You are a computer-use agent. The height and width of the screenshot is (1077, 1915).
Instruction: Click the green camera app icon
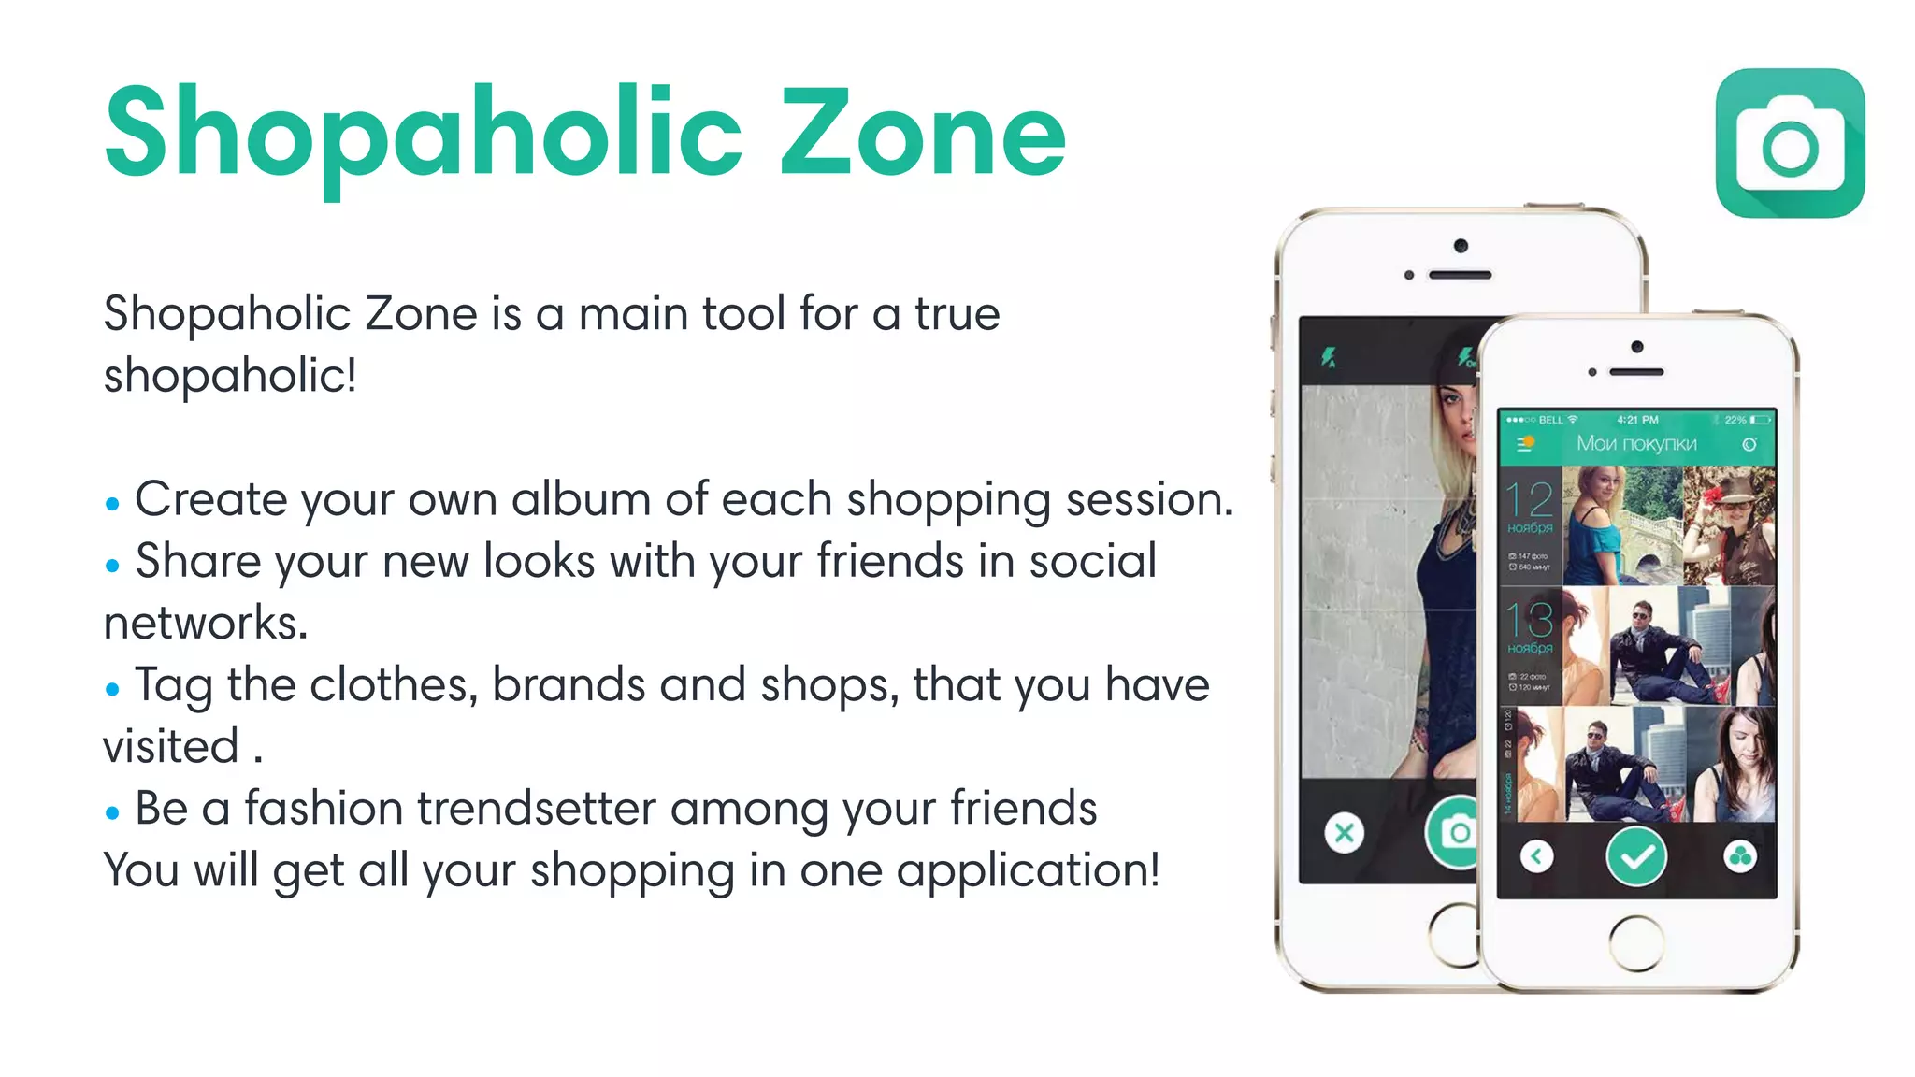point(1790,143)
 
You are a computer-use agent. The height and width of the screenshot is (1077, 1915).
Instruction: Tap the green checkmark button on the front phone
point(1635,855)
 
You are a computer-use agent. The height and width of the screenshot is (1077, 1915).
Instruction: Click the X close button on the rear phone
point(1344,832)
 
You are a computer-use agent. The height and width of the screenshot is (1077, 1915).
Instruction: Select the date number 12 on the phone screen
point(1529,500)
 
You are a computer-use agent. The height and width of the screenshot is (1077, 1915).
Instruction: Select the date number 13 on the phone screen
point(1529,621)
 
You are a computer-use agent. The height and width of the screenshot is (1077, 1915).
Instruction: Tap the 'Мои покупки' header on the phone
point(1636,443)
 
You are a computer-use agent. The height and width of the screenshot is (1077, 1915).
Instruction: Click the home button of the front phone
point(1636,942)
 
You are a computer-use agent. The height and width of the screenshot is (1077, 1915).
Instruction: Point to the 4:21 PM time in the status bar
point(1637,420)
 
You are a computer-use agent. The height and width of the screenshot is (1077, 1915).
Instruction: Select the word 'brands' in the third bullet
point(569,684)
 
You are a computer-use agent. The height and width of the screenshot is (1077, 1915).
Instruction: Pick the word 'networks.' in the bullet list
point(206,624)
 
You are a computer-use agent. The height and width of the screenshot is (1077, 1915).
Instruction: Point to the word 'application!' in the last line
point(1028,870)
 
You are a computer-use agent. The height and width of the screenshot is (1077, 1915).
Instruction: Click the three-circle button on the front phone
point(1739,855)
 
